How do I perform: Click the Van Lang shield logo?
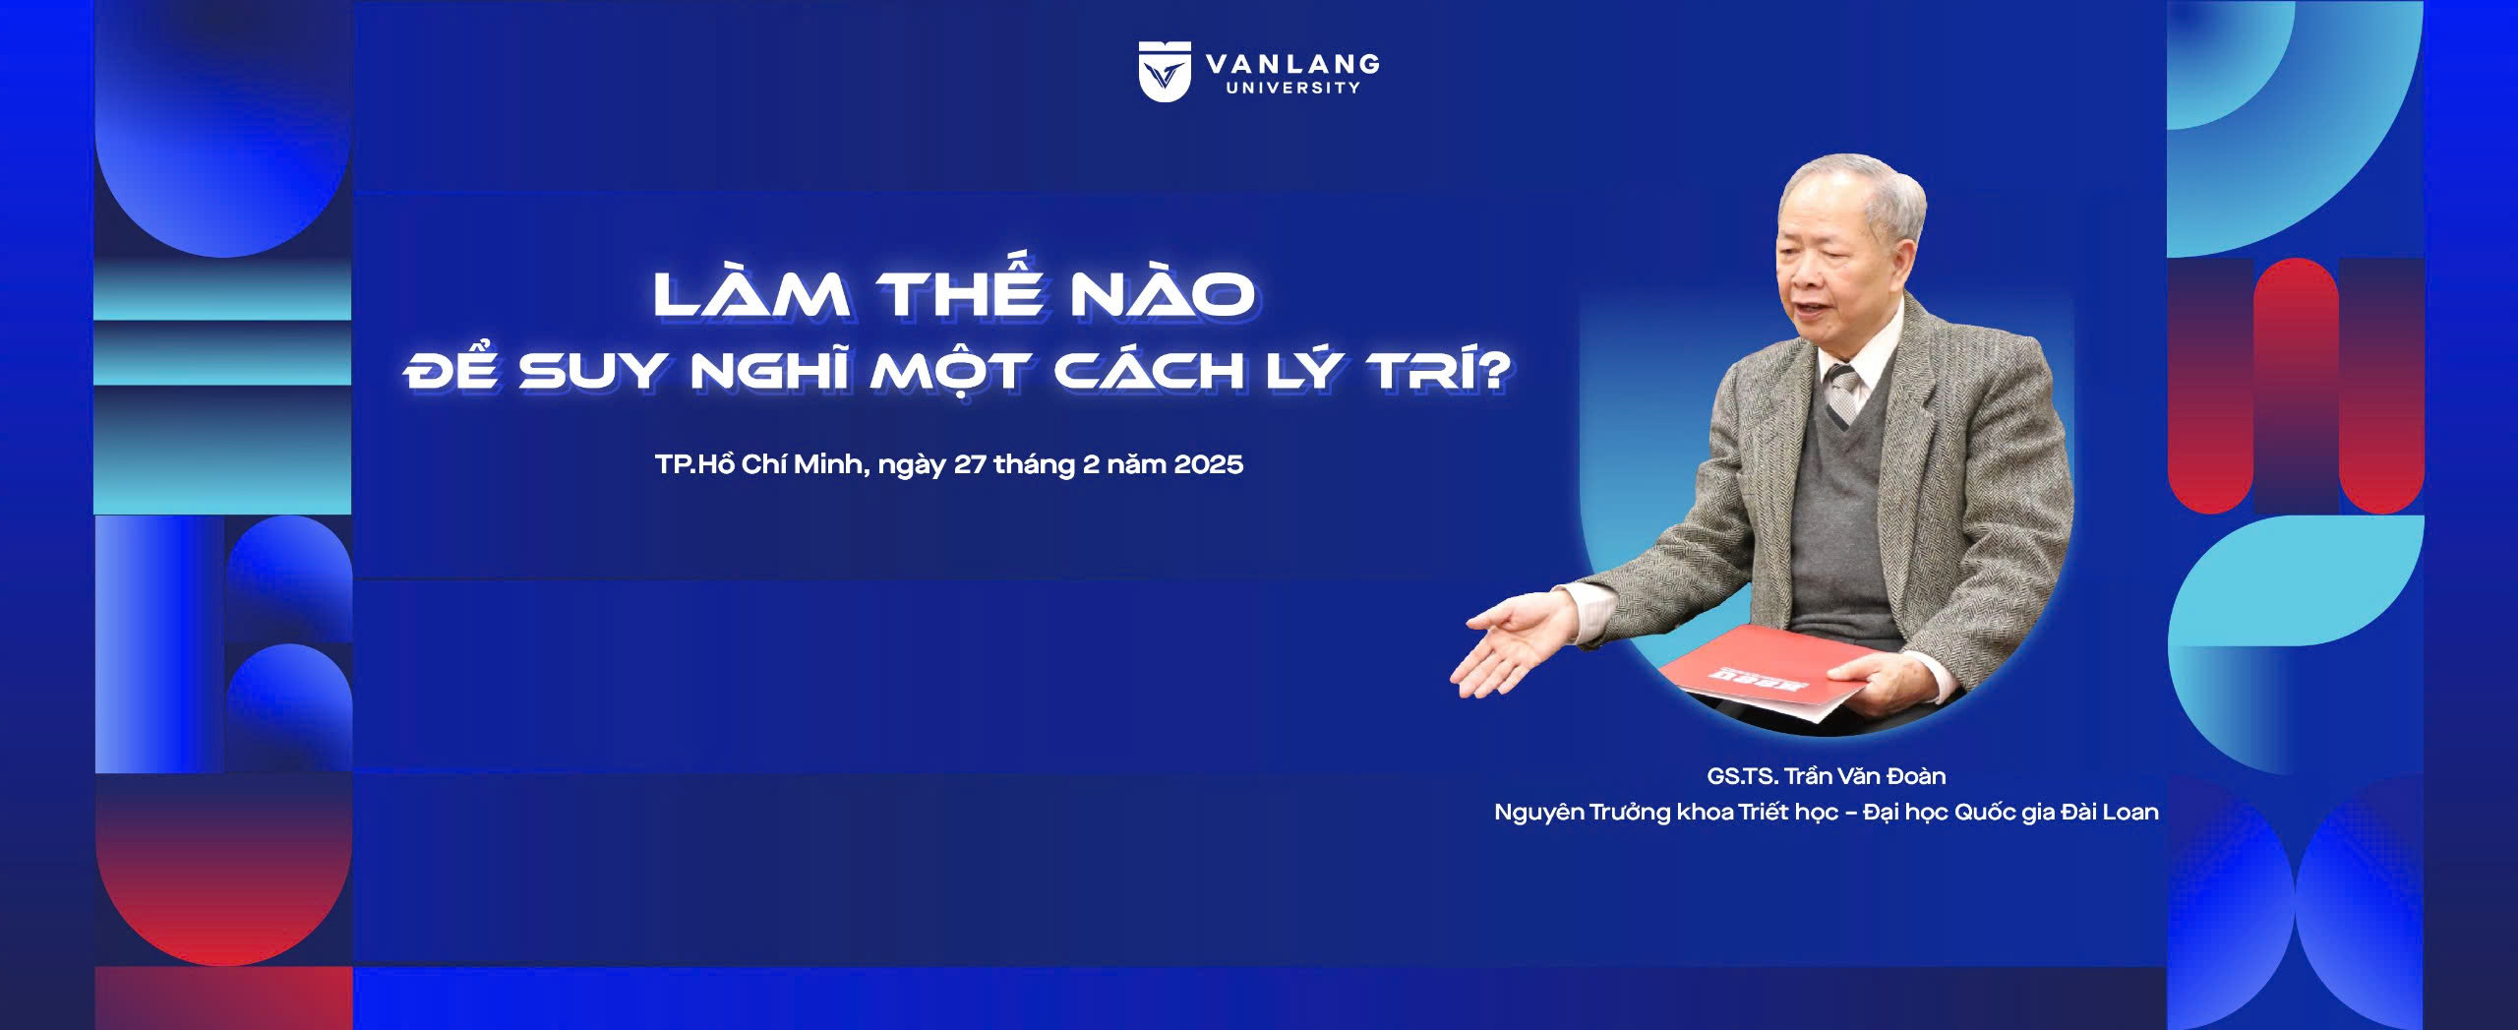click(1165, 72)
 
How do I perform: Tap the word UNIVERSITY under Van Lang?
click(1293, 88)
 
